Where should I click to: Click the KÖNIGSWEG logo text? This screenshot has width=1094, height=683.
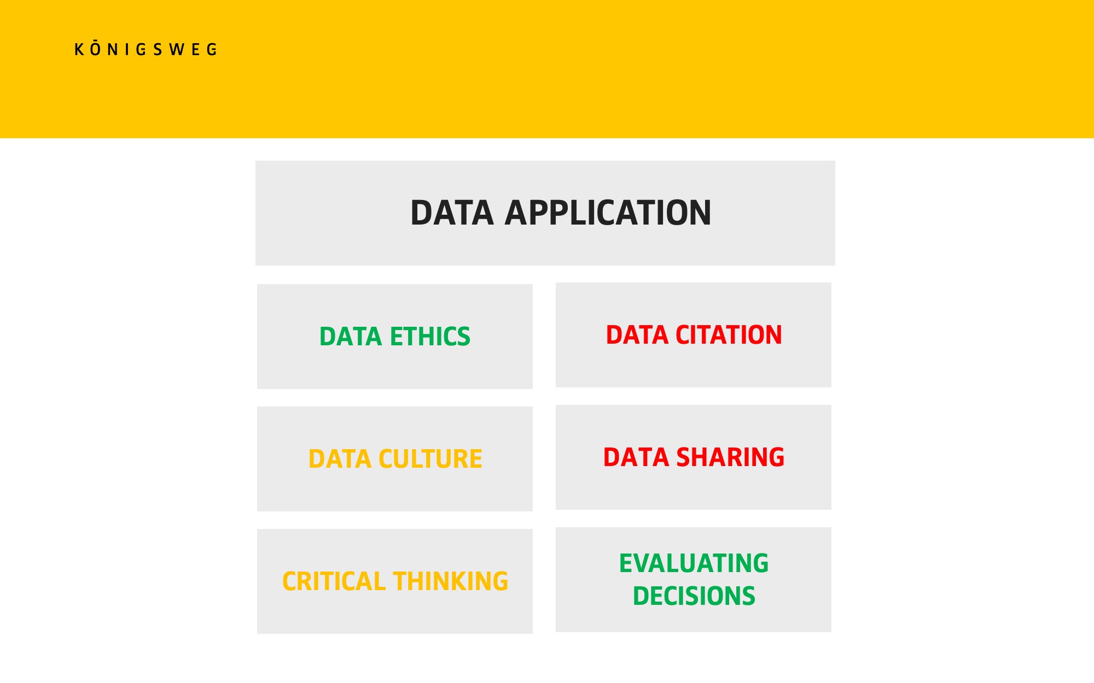[146, 49]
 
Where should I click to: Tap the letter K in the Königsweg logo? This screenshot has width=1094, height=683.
[79, 50]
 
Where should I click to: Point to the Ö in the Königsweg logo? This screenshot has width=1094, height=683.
[96, 48]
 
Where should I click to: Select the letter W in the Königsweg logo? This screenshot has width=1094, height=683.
[176, 50]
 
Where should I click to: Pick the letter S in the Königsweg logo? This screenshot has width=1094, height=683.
[158, 50]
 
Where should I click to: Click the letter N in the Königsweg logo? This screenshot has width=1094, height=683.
[113, 50]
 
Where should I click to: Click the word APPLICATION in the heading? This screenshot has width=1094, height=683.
[608, 213]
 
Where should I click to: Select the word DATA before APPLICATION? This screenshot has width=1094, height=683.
[452, 213]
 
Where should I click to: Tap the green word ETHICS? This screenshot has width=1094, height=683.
[430, 337]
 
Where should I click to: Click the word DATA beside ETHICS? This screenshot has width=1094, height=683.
[351, 337]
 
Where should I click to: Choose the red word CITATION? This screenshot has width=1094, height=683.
[729, 335]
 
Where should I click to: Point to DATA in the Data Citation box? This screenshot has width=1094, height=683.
[637, 335]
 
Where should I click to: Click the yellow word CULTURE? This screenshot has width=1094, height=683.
[430, 459]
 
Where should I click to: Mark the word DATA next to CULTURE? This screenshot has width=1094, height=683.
[340, 459]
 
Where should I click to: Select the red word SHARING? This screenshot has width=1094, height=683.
[730, 457]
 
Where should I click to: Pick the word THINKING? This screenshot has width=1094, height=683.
[451, 581]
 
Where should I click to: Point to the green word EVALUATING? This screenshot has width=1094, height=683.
[694, 563]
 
